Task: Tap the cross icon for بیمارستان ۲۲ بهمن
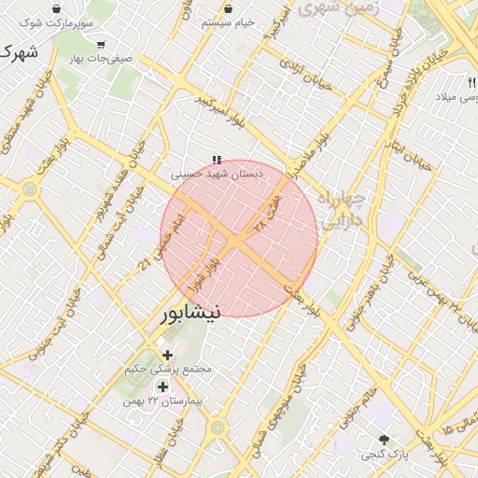pos(163,387)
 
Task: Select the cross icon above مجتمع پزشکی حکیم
pos(168,355)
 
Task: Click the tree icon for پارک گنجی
pos(383,439)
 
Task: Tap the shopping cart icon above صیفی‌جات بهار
pos(101,44)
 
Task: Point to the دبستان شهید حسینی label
pos(217,174)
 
